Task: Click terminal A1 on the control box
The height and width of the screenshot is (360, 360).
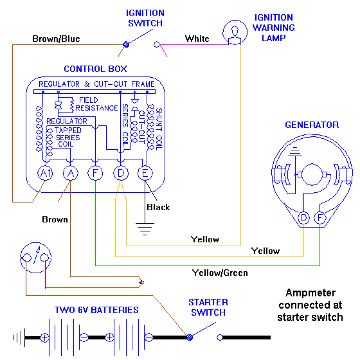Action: [45, 173]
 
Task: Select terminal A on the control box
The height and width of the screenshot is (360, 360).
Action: [71, 173]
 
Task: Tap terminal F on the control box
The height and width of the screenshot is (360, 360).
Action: [95, 173]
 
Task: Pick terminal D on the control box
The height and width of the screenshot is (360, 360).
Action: [121, 173]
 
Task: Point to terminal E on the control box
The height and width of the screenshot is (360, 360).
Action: [145, 173]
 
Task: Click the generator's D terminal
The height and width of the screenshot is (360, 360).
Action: [303, 218]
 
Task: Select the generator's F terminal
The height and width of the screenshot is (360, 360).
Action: [320, 218]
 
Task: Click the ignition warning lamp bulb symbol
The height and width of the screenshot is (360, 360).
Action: [235, 32]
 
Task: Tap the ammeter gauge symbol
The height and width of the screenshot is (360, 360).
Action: [35, 258]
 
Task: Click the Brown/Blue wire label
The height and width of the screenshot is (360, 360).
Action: [56, 39]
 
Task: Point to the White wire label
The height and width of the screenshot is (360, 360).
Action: [197, 39]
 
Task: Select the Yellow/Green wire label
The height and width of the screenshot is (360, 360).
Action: [220, 273]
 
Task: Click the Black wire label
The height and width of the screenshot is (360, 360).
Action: [158, 207]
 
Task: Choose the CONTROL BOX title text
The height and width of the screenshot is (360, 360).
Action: [95, 69]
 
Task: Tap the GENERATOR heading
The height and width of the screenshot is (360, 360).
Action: [312, 125]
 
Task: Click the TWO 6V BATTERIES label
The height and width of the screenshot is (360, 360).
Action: [96, 310]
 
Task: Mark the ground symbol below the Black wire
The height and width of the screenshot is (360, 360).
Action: [145, 229]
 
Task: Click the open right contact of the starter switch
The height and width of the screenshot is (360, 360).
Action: [220, 337]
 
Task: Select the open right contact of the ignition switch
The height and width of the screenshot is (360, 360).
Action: [157, 44]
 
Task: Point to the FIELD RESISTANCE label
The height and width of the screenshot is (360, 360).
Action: [96, 104]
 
